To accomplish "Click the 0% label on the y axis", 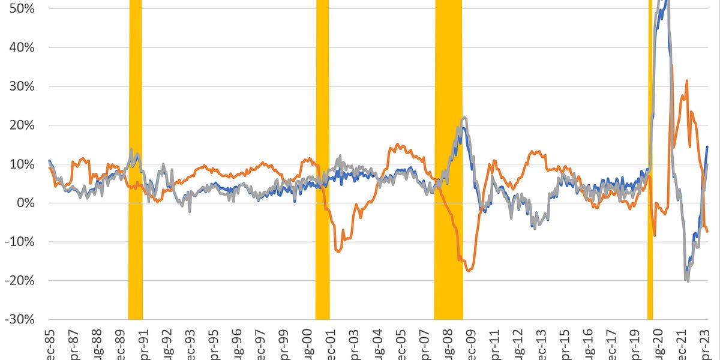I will click(x=25, y=203).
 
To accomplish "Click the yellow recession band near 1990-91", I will click(x=136, y=180).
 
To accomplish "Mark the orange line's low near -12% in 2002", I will click(x=338, y=252).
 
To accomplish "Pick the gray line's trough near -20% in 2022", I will click(x=688, y=281).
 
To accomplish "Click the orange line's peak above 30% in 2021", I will click(x=686, y=80).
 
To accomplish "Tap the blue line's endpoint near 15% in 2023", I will click(x=708, y=146).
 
